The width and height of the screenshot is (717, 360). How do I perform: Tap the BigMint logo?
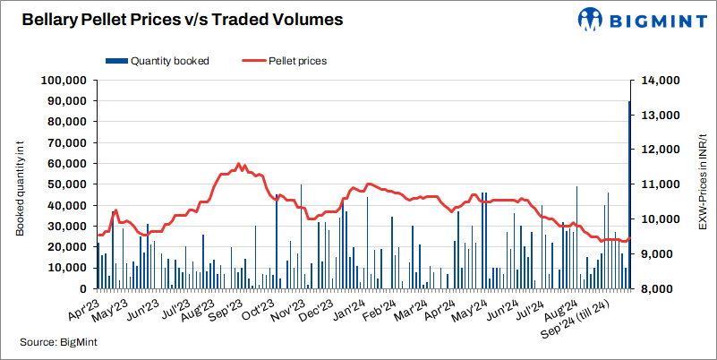[636, 20]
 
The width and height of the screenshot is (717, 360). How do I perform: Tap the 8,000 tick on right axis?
[659, 289]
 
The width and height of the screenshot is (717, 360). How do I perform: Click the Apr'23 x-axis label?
[82, 308]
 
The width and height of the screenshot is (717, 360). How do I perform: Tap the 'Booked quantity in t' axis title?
[19, 184]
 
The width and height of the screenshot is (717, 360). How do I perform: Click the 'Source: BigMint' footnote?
[58, 342]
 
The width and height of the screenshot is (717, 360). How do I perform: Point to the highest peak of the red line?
[238, 165]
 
